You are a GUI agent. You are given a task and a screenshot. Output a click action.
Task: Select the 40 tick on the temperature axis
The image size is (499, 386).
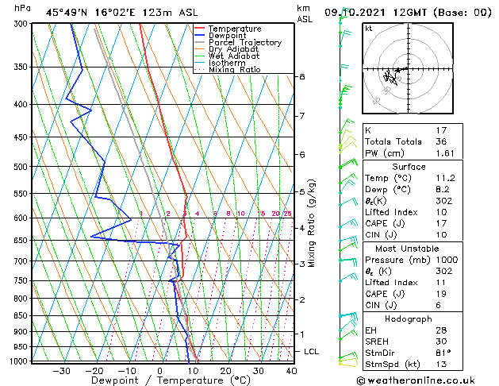(x=291, y=371)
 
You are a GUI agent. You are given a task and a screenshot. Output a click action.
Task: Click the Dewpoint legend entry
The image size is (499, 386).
(x=230, y=36)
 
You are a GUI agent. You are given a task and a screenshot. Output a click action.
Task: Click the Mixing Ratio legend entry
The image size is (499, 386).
(x=235, y=70)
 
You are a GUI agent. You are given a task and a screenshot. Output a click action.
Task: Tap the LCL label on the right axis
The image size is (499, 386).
(x=312, y=351)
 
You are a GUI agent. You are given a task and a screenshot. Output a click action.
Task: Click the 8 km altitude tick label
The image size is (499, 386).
(x=302, y=76)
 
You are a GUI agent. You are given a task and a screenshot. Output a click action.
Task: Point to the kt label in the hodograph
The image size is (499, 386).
(x=368, y=29)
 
